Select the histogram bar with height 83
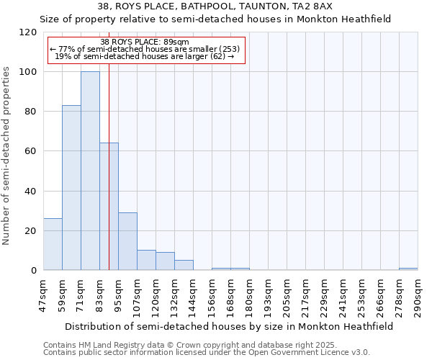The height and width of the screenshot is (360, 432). [x=71, y=188]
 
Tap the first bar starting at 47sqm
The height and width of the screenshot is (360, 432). [x=53, y=244]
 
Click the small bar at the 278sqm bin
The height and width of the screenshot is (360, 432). [x=408, y=269]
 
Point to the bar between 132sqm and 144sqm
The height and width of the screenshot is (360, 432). [x=184, y=265]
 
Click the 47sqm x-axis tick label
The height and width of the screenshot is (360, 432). [x=44, y=293]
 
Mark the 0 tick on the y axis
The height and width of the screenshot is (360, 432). [x=34, y=271]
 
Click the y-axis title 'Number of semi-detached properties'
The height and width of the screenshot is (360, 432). [x=7, y=151]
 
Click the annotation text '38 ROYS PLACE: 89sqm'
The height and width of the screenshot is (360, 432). [x=145, y=42]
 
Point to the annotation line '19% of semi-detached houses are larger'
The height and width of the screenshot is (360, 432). [x=145, y=56]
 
